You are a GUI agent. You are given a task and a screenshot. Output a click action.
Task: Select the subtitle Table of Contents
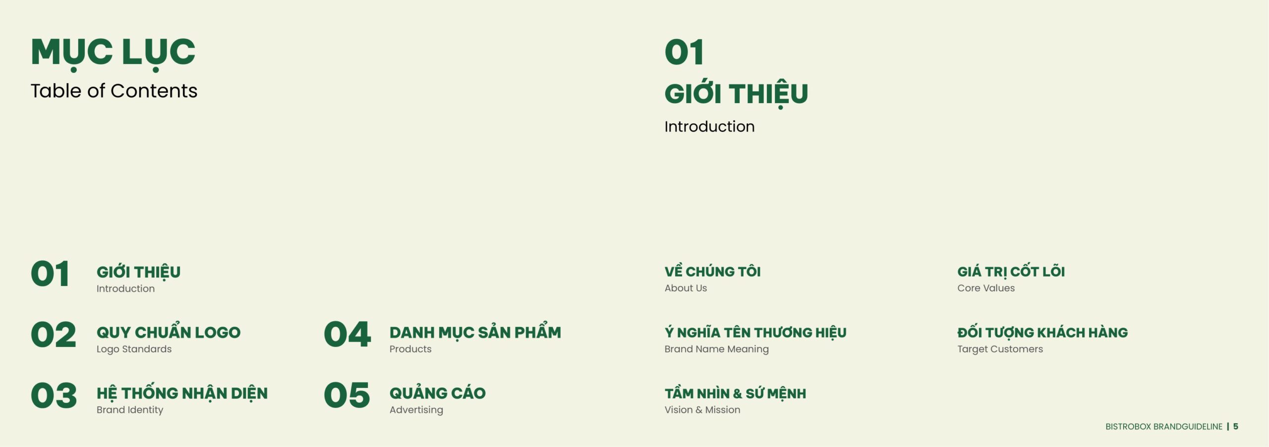(x=114, y=91)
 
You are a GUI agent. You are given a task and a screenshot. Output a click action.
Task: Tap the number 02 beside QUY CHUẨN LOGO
(x=54, y=335)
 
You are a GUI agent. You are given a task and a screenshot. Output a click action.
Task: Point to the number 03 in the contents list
(x=54, y=395)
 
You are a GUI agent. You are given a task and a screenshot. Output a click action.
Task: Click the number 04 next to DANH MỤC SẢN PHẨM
(x=347, y=335)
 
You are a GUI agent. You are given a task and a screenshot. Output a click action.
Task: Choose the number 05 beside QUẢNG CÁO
(x=347, y=395)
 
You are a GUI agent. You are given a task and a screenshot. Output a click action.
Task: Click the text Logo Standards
(x=134, y=349)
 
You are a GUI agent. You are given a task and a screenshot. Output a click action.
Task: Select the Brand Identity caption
(x=130, y=410)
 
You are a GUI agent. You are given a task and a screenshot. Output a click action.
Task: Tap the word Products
(x=410, y=349)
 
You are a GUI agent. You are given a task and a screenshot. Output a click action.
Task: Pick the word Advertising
(x=416, y=410)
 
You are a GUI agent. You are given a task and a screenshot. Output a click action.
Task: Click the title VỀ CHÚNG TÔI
(x=712, y=271)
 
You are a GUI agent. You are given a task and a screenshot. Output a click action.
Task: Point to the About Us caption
(x=686, y=288)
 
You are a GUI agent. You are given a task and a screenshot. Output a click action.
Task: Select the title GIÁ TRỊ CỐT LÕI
(x=1011, y=271)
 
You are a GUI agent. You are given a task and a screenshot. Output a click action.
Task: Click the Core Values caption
(x=986, y=288)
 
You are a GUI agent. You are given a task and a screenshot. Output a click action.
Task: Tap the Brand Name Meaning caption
(x=717, y=349)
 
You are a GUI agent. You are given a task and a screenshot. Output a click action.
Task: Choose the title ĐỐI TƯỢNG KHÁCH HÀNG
(x=1042, y=333)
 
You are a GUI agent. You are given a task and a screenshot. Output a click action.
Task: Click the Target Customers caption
(x=1000, y=349)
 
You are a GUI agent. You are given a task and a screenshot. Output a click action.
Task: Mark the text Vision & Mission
(x=702, y=410)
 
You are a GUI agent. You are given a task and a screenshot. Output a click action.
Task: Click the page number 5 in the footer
(x=1236, y=426)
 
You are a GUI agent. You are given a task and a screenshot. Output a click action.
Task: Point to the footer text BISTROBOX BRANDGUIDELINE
(x=1164, y=426)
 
